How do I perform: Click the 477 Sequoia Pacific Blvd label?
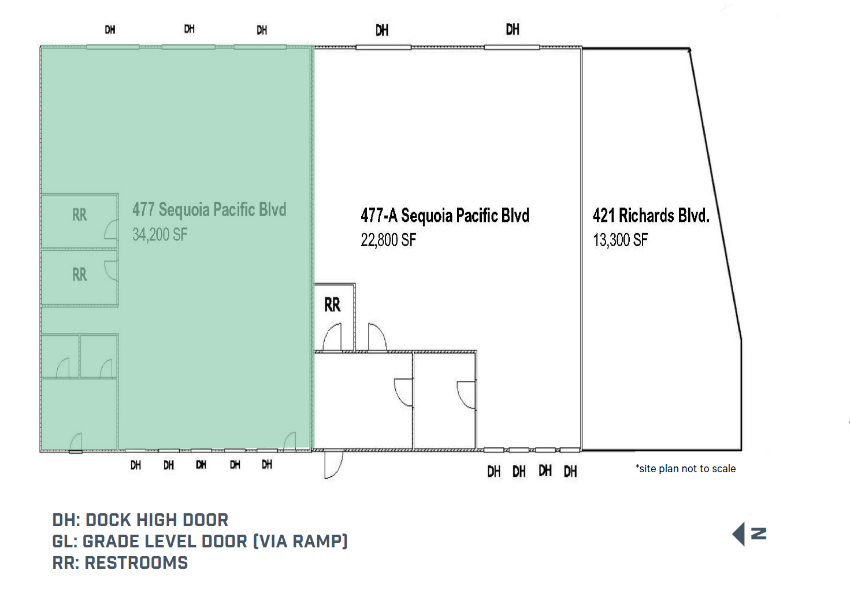(209, 209)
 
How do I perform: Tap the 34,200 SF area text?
(159, 234)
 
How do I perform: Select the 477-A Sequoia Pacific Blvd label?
(444, 216)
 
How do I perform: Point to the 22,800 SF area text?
(388, 240)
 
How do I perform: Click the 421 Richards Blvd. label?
(650, 216)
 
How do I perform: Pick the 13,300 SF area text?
(620, 240)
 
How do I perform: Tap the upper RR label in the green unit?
(79, 215)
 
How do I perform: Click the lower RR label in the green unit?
(79, 275)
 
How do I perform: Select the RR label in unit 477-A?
(332, 305)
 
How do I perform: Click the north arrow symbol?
(749, 534)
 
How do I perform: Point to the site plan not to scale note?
(685, 469)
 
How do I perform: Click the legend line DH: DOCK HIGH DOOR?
(140, 520)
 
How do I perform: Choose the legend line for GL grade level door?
(200, 541)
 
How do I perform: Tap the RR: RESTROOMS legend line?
(120, 562)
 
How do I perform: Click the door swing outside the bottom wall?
(333, 465)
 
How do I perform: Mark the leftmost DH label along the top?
(110, 29)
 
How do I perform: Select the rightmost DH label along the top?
(513, 29)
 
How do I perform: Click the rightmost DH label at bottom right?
(570, 472)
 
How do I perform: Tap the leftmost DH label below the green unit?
(136, 465)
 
